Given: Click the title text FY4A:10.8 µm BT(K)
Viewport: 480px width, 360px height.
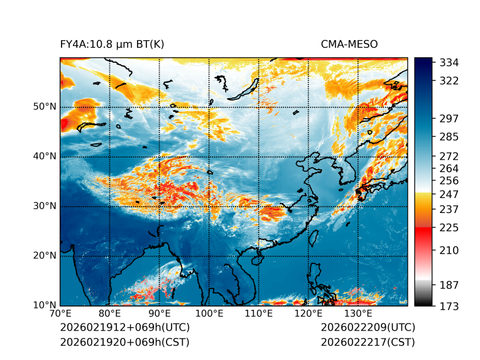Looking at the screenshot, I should click(112, 45).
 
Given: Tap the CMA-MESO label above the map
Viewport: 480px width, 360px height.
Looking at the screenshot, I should click(349, 45).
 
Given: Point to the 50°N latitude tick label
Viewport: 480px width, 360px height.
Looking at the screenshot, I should click(45, 107).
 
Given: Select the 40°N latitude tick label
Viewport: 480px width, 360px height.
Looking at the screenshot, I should click(45, 156).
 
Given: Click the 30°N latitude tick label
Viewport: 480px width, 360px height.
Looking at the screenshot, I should click(45, 206).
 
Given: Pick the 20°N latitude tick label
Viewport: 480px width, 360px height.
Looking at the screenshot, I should click(45, 256).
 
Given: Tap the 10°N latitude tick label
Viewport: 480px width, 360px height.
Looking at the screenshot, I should click(45, 305).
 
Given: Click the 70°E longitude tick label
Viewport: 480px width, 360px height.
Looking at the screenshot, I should click(60, 314).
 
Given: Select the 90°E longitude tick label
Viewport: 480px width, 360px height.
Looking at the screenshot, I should click(159, 314).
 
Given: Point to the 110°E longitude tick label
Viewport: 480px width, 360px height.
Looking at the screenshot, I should click(258, 314).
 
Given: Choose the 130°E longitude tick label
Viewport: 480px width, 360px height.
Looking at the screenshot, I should click(357, 314).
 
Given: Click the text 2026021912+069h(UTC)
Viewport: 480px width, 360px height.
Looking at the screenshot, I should click(124, 328).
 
